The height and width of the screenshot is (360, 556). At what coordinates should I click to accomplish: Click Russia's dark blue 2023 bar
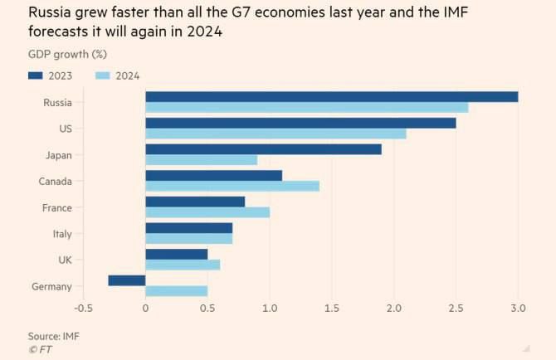[x=332, y=96]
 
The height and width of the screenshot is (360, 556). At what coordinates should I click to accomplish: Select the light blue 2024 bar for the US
[x=276, y=134]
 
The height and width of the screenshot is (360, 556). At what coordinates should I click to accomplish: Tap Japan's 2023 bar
[x=263, y=149]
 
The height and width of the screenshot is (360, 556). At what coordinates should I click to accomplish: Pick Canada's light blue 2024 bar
[x=232, y=187]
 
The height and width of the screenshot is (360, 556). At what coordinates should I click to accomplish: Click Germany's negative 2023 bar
[x=126, y=280]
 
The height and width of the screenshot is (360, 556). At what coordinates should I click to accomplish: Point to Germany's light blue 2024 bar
[x=176, y=292]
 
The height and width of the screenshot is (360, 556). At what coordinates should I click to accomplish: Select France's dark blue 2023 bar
[x=195, y=202]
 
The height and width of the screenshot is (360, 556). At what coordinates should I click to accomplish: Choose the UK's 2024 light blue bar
[x=183, y=265]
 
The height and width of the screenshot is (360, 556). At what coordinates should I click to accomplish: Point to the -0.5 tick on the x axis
[x=83, y=309]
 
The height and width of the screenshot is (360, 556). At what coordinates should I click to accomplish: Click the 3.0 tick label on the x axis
[x=518, y=309]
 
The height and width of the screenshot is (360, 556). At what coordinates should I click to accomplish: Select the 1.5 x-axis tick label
[x=332, y=309]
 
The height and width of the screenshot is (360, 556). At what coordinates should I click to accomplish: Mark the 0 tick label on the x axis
[x=145, y=309]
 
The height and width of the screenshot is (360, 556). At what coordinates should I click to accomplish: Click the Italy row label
[x=61, y=234]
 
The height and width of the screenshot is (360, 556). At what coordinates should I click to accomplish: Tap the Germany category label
[x=52, y=286]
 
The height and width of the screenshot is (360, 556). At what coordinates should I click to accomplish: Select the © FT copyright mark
[x=39, y=348]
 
